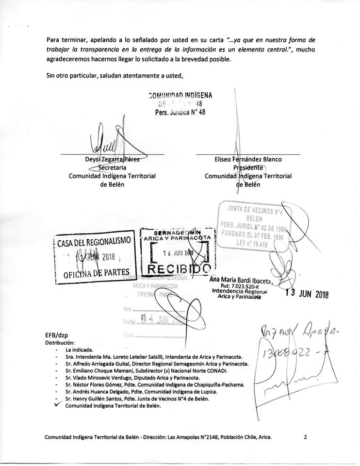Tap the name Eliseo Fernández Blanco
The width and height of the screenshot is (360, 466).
[x=248, y=159]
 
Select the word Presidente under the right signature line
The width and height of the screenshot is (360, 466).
[x=248, y=167]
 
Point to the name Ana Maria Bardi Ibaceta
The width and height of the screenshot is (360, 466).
[x=241, y=280]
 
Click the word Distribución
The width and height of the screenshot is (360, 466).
[x=60, y=342]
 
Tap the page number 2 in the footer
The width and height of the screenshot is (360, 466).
[x=306, y=437]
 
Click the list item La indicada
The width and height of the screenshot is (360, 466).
[x=80, y=349]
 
